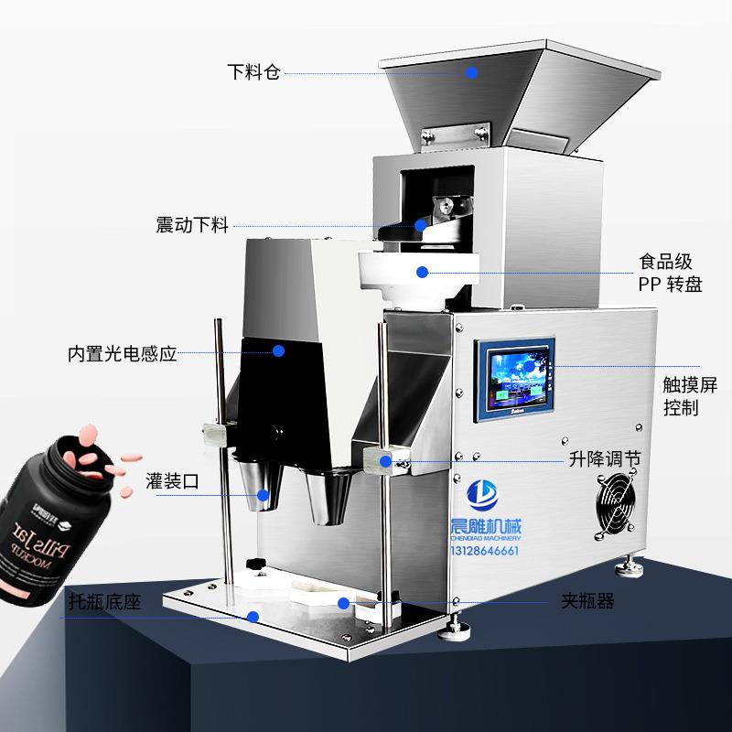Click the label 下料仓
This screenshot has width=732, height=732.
253,72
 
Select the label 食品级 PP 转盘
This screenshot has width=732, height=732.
671,273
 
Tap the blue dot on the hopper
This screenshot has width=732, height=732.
472,72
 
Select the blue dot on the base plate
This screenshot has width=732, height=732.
253,616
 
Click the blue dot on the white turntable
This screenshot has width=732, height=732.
422,272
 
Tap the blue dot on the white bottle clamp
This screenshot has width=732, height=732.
342,603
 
